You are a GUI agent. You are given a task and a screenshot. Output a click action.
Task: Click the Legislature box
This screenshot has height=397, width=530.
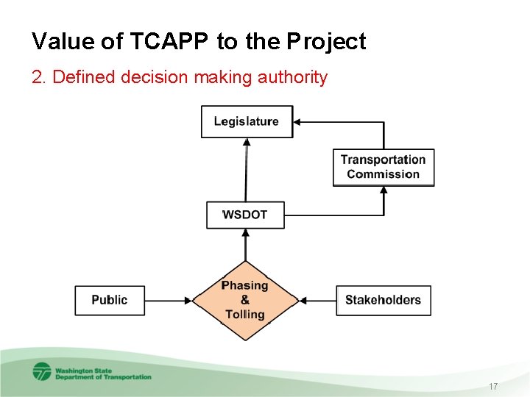(x=247, y=121)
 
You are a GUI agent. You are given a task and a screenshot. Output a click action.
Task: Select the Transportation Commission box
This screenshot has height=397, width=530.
(x=383, y=167)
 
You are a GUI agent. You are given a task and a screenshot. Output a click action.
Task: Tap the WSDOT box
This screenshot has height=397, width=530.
(x=245, y=215)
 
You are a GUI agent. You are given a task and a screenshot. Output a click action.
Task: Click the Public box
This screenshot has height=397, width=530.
(x=110, y=300)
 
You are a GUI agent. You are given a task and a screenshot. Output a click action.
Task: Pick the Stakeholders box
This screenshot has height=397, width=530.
(x=383, y=300)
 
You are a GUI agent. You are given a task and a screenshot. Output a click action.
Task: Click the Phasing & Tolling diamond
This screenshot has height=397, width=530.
(x=245, y=300)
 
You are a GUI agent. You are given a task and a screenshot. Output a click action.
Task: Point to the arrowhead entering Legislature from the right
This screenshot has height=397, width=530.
(x=297, y=122)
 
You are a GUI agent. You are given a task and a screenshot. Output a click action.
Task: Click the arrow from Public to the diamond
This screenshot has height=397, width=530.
(x=169, y=300)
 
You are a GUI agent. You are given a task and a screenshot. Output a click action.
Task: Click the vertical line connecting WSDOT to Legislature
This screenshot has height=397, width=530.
(x=246, y=169)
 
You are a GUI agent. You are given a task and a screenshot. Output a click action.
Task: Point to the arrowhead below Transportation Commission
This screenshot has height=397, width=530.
(x=384, y=190)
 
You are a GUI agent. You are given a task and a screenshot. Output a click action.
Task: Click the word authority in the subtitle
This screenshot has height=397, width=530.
(x=291, y=77)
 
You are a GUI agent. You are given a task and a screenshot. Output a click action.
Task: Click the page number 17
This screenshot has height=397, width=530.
(x=492, y=386)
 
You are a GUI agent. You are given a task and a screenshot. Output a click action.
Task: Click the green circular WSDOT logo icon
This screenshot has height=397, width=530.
(x=42, y=371)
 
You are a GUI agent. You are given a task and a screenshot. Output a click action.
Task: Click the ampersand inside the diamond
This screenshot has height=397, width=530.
(x=245, y=300)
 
